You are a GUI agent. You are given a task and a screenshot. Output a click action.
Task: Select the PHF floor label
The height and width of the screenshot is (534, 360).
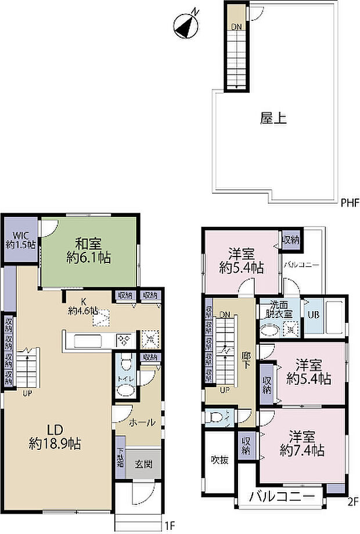[x=350, y=203]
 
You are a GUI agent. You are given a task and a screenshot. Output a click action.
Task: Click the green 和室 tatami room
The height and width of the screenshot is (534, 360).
[x=89, y=250]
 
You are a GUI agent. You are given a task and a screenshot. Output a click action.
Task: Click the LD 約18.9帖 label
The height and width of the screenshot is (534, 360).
[x=55, y=437]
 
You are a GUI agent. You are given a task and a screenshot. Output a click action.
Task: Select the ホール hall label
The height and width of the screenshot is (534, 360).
[x=142, y=423]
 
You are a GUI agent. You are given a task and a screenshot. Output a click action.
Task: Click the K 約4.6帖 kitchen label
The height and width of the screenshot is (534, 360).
[x=83, y=306]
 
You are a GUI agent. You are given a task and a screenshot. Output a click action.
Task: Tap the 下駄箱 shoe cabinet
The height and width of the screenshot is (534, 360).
[x=120, y=463]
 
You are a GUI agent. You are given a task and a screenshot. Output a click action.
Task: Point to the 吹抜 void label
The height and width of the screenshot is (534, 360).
[x=219, y=460]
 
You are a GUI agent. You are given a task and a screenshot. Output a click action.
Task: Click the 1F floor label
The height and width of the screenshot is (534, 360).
[x=170, y=525]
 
